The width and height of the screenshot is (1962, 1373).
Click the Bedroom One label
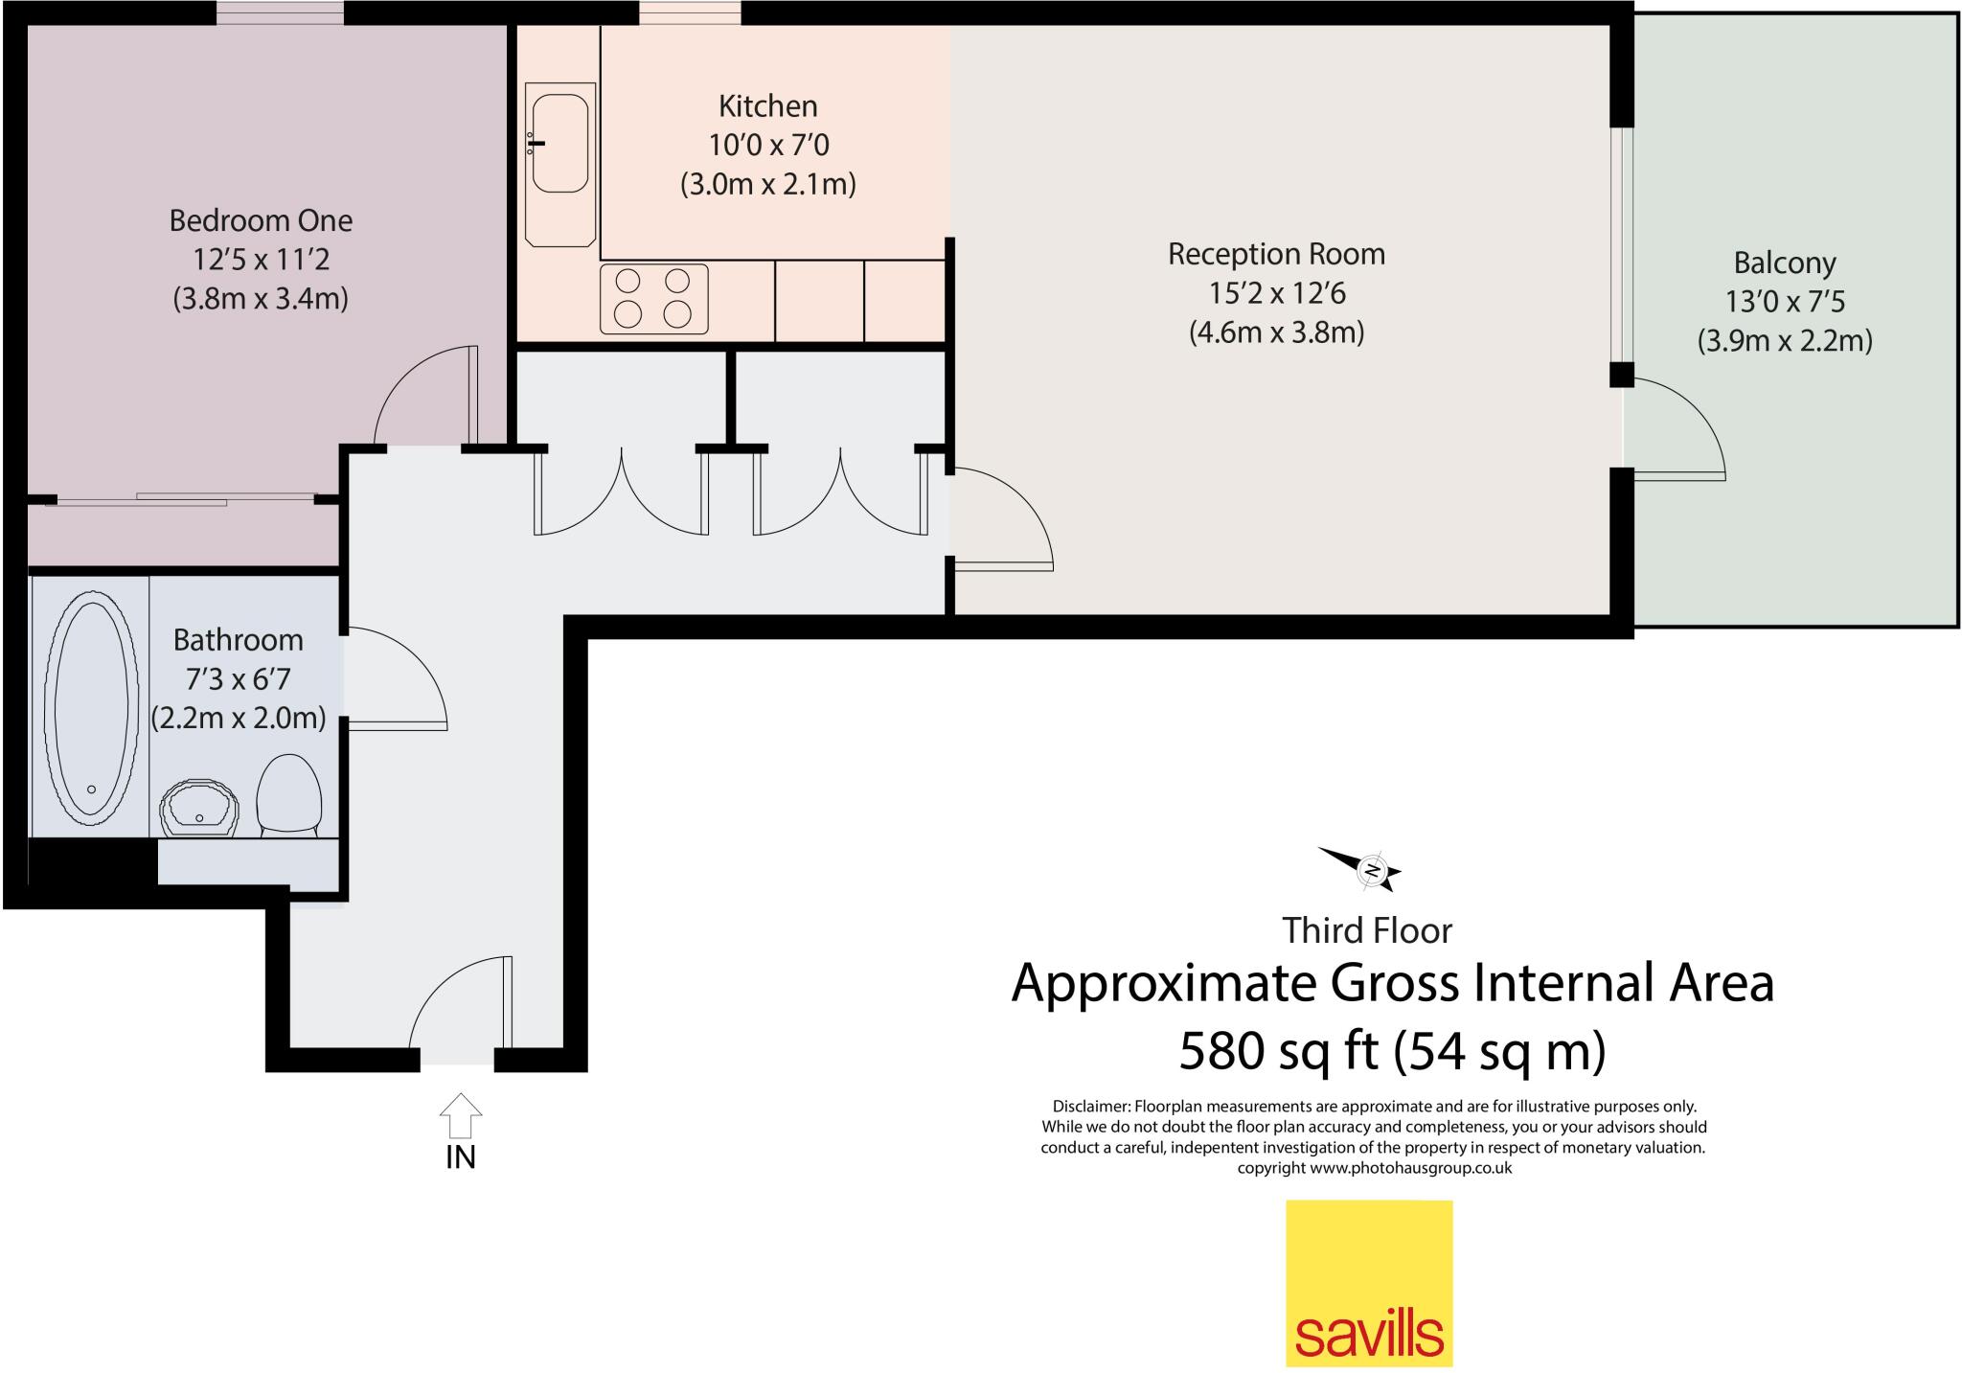pyautogui.click(x=261, y=220)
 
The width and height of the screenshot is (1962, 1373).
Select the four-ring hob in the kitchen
pyautogui.click(x=653, y=298)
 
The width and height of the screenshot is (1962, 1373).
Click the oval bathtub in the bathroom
pyautogui.click(x=91, y=708)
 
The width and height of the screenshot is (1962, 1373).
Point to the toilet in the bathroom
pyautogui.click(x=289, y=794)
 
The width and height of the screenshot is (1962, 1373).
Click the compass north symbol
pyautogui.click(x=1371, y=870)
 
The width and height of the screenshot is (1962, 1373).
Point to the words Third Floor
pyautogui.click(x=1367, y=930)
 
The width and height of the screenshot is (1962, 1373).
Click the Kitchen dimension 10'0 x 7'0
pyautogui.click(x=768, y=146)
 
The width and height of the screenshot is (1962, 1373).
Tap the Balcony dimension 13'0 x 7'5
pyautogui.click(x=1785, y=302)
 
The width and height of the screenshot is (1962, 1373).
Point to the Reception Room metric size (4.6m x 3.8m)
pyautogui.click(x=1276, y=332)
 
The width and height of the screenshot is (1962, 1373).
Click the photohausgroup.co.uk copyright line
pyautogui.click(x=1374, y=1168)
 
